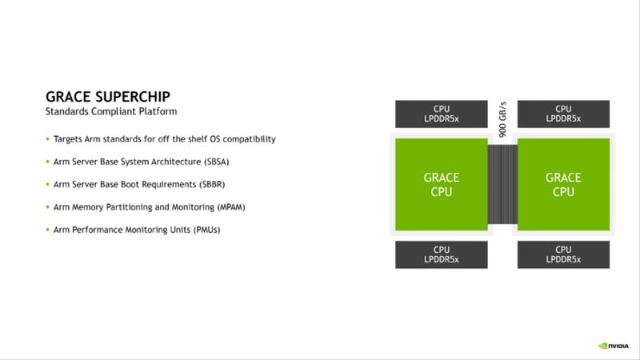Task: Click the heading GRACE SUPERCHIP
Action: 108,97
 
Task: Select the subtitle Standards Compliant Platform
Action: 111,111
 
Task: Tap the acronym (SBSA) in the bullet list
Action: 216,162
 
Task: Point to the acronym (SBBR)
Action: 212,185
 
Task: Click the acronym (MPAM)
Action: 231,207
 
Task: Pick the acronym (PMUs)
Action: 207,230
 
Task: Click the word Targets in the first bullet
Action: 68,139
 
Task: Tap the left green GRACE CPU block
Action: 442,185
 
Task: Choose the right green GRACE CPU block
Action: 564,185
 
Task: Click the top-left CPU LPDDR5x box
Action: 442,114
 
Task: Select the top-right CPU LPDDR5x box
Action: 564,114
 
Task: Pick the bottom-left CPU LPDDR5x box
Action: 442,254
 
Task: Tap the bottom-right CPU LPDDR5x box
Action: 564,254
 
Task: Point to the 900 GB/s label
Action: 502,119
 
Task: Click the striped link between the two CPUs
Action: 502,185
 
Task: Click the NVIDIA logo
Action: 614,346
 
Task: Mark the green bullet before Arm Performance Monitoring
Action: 48,230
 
